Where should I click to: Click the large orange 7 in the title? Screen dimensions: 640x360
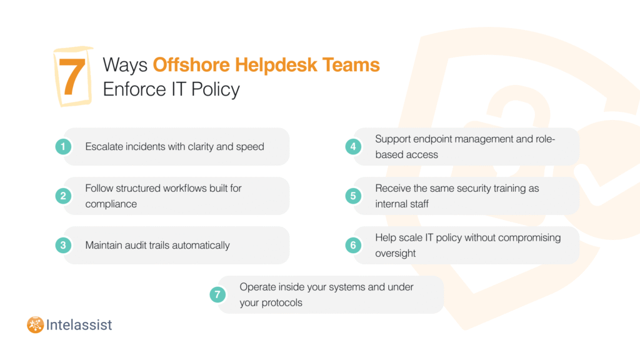(x=72, y=76)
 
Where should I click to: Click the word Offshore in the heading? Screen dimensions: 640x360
(x=191, y=65)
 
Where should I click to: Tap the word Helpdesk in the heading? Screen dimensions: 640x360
(x=276, y=65)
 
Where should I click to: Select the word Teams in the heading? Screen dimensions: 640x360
(x=351, y=65)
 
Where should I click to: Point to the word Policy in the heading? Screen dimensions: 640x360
(x=216, y=90)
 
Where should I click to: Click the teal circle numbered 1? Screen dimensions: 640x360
(x=63, y=146)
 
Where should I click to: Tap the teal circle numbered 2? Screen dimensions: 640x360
(x=63, y=196)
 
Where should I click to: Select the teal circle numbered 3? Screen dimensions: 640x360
(x=63, y=245)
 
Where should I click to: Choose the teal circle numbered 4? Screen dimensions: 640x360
(x=353, y=146)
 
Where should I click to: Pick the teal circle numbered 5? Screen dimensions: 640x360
(x=353, y=196)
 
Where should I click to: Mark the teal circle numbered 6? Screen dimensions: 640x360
(x=353, y=245)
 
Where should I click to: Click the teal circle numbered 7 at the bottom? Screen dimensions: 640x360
(x=217, y=294)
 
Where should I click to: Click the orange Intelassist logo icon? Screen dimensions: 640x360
(x=36, y=325)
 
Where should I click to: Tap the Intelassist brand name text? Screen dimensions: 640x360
(x=79, y=325)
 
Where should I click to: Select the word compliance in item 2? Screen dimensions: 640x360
(x=111, y=204)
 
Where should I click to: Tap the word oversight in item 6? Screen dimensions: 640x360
(x=396, y=254)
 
